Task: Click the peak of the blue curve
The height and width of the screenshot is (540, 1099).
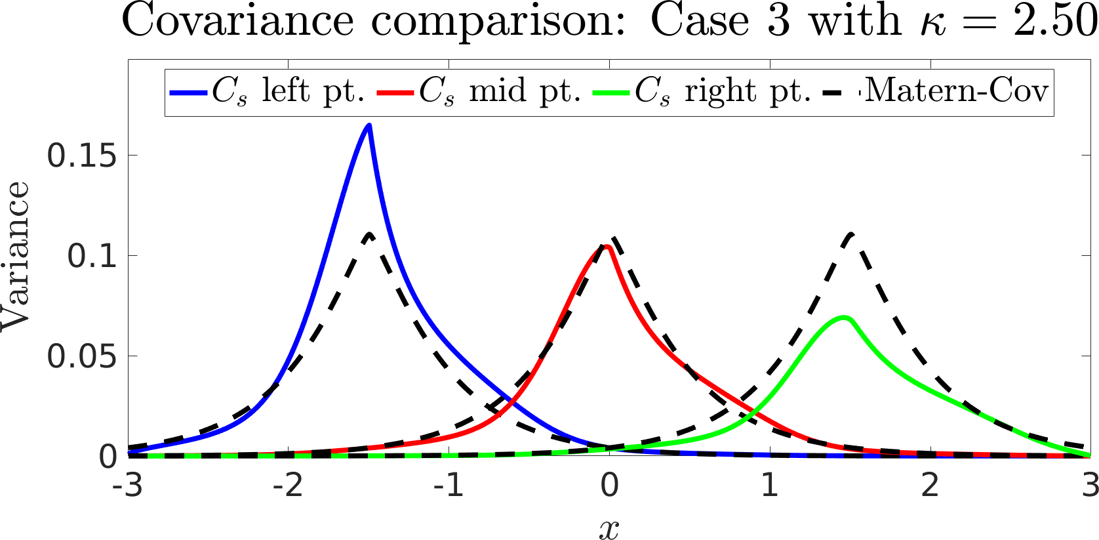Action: (369, 125)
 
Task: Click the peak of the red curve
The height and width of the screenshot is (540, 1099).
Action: (607, 247)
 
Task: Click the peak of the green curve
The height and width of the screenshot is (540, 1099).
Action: (845, 318)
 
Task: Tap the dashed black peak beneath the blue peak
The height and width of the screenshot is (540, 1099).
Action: (370, 234)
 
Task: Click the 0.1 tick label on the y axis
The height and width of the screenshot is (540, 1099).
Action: (92, 256)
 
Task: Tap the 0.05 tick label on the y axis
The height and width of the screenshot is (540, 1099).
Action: (82, 356)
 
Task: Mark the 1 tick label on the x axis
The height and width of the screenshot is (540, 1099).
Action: (770, 486)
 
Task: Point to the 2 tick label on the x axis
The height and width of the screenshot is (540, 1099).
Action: (930, 486)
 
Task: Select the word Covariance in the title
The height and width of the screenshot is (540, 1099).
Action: (237, 21)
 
